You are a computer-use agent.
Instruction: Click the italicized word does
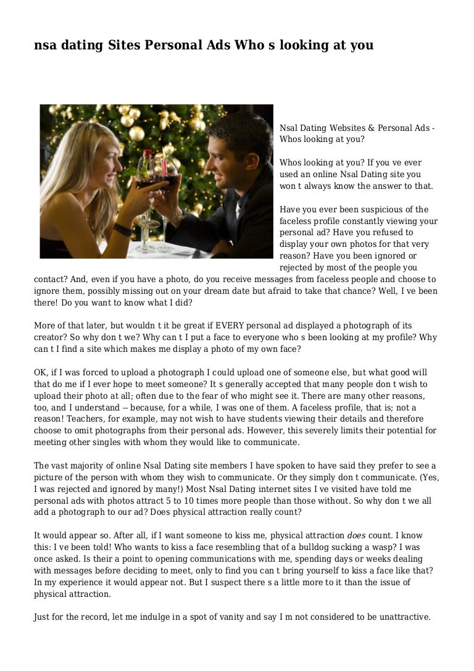click(x=357, y=535)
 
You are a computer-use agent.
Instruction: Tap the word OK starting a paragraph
click(x=40, y=372)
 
